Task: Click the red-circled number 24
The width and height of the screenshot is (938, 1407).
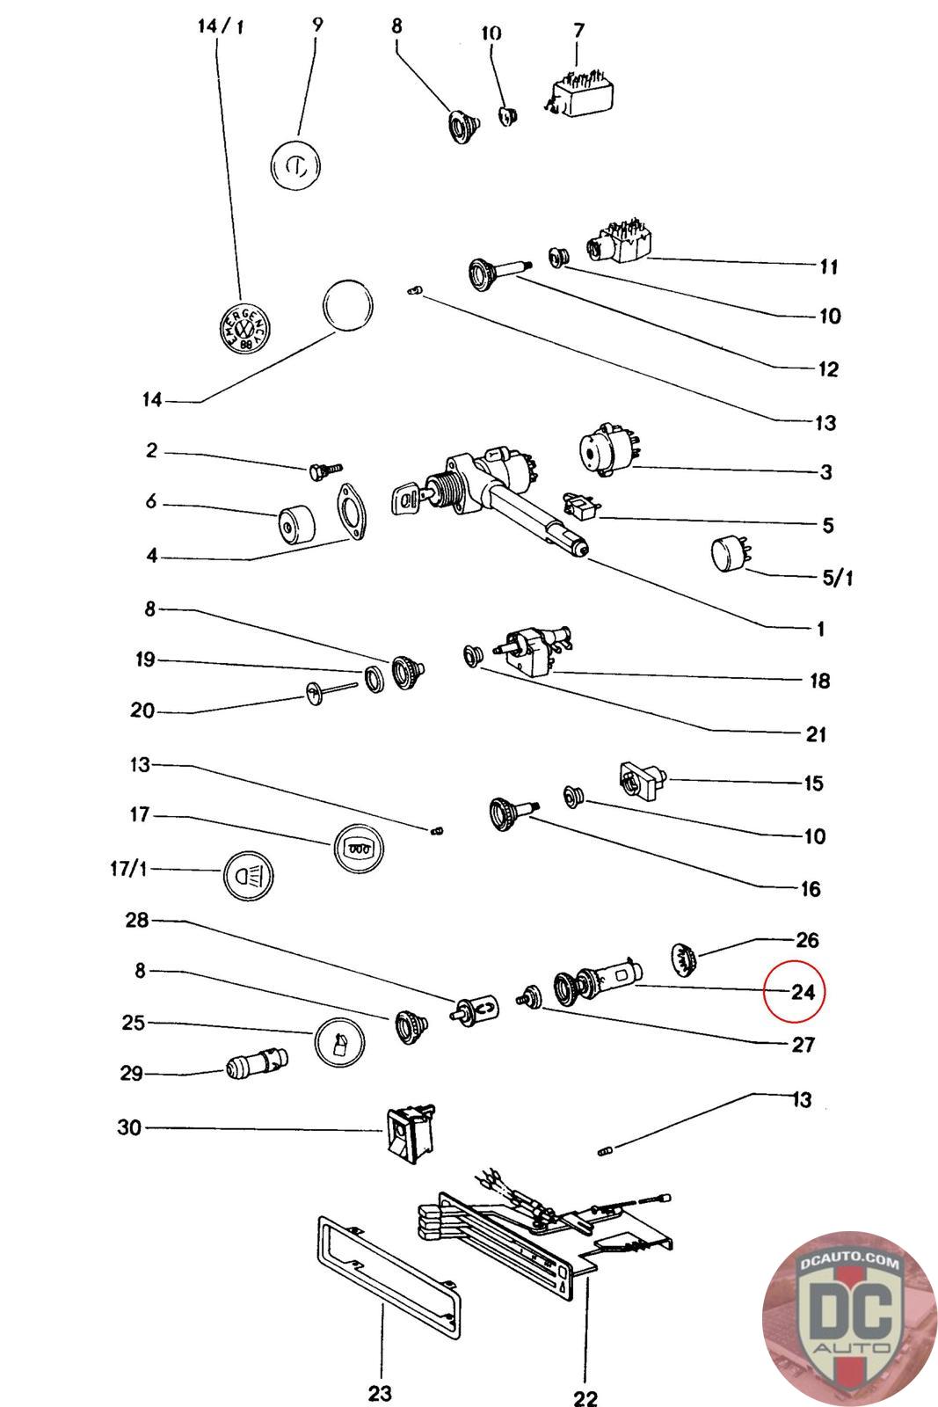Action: (803, 992)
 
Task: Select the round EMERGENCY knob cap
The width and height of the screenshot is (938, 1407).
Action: (242, 330)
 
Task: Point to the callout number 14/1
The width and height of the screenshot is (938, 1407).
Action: (222, 26)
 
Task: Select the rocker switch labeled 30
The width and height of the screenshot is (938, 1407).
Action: (409, 1133)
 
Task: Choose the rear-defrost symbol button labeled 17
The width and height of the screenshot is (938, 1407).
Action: (359, 849)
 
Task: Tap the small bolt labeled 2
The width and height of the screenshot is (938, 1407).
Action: (325, 471)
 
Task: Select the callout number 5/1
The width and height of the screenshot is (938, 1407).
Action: (837, 578)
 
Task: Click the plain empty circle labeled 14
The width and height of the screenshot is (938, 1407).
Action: (348, 305)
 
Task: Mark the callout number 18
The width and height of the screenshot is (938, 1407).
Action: (818, 681)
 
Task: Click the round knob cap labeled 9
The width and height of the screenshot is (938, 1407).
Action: (294, 164)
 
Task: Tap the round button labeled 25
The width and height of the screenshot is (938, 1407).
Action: (339, 1043)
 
